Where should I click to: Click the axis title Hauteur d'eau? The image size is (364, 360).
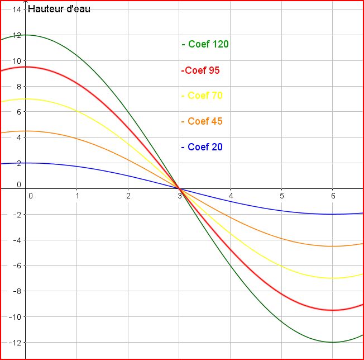pos(59,9)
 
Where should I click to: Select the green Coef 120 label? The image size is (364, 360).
pos(205,44)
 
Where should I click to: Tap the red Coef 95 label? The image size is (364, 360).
pos(200,70)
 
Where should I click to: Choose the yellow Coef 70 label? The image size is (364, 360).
pos(202,96)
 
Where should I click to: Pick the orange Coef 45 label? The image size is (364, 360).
pos(202,121)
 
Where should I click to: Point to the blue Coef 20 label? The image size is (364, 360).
pos(202,147)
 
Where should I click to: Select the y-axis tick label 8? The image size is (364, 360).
pos(18,87)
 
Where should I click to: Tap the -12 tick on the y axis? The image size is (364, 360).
pos(15,342)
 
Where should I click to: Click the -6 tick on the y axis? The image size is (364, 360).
pos(17,266)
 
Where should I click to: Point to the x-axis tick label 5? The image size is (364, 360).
pos(281,195)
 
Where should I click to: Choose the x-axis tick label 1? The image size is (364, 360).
pos(77,195)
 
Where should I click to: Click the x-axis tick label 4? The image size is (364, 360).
pos(231,195)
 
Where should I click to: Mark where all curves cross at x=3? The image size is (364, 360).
pos(179,189)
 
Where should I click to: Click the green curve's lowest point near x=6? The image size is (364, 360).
pos(333,342)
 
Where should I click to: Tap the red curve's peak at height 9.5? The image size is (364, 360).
pos(26,67)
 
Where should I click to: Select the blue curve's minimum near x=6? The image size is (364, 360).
pos(333,214)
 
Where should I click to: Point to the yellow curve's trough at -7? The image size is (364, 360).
pos(333,278)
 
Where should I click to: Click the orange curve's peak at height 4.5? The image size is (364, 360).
pos(26,131)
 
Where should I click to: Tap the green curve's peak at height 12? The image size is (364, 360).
pos(26,35)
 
